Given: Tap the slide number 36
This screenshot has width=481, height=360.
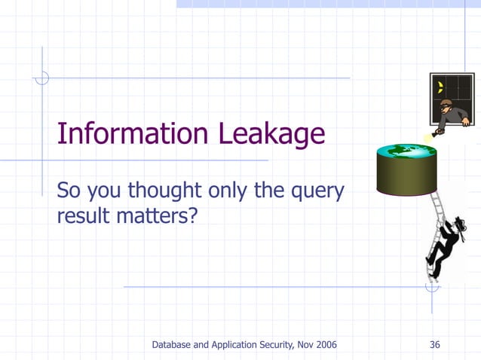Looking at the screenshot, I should click(x=434, y=345).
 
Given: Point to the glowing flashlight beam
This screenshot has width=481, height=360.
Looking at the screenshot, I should click(x=430, y=136).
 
